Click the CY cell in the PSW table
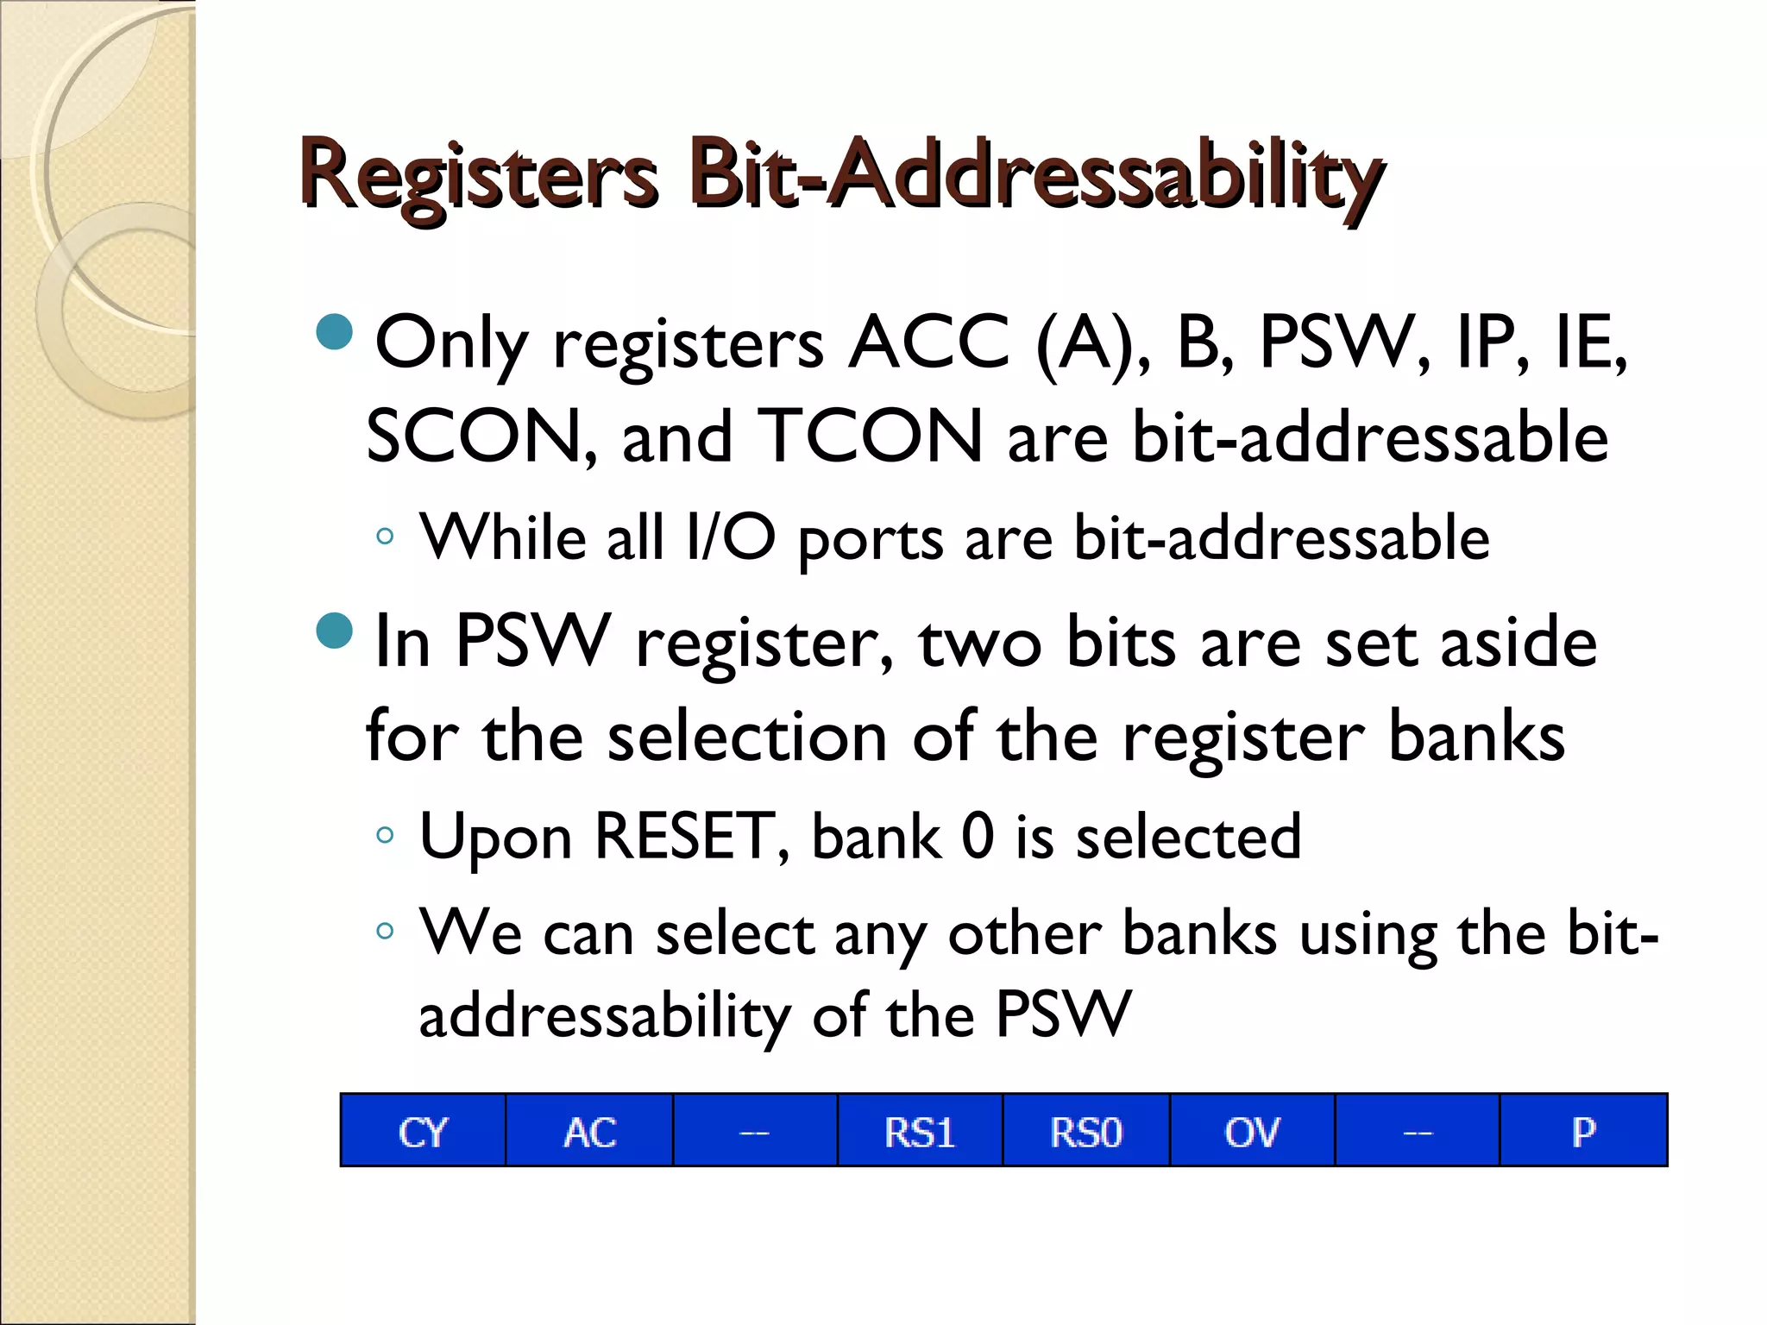(423, 1131)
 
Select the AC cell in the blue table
(589, 1131)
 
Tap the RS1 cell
(920, 1131)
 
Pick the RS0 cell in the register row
(1085, 1131)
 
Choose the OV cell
(1252, 1131)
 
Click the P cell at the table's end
(1583, 1131)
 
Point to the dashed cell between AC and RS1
(755, 1131)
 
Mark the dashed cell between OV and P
(1418, 1131)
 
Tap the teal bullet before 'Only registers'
(335, 332)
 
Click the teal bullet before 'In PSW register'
(335, 631)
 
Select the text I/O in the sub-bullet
(730, 537)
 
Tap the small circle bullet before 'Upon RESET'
(385, 835)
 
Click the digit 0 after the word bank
(978, 836)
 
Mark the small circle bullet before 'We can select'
(385, 932)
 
